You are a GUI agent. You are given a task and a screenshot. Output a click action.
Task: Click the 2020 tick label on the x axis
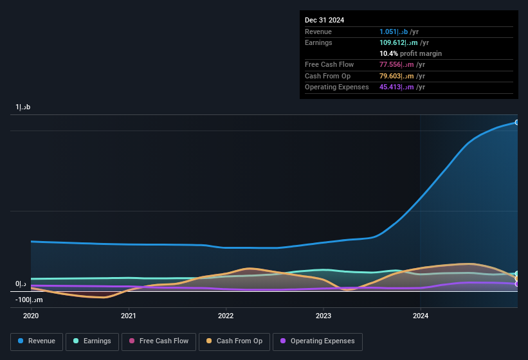click(x=32, y=316)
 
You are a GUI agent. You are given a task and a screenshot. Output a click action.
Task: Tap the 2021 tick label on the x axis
click(x=129, y=316)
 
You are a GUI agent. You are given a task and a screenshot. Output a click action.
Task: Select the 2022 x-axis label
click(x=226, y=316)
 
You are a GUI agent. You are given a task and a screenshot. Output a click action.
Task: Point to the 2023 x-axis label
click(x=323, y=316)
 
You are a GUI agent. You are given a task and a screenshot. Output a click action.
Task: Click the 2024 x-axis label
click(x=420, y=316)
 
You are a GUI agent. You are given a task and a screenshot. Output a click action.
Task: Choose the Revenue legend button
click(x=37, y=341)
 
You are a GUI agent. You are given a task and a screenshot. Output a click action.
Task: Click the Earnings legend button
click(x=93, y=341)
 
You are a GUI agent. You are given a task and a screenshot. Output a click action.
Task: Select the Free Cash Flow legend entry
click(x=159, y=341)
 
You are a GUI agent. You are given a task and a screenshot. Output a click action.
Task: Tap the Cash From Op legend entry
click(x=234, y=341)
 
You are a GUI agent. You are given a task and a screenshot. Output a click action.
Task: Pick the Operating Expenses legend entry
click(x=318, y=341)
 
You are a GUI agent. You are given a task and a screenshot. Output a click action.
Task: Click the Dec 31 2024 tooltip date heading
click(x=324, y=20)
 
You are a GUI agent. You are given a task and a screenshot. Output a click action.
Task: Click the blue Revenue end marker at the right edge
click(x=516, y=122)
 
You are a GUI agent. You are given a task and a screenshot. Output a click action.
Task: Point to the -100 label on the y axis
click(x=29, y=300)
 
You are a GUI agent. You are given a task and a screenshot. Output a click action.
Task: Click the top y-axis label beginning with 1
click(x=23, y=107)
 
